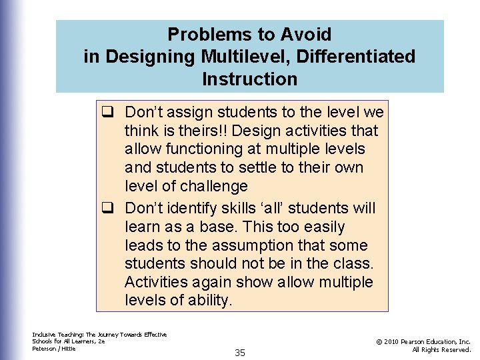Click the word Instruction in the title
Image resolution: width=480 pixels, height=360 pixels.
[x=249, y=79]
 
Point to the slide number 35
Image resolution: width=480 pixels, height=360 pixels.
[x=240, y=353]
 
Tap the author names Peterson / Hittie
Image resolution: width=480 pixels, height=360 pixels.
[x=54, y=349]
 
